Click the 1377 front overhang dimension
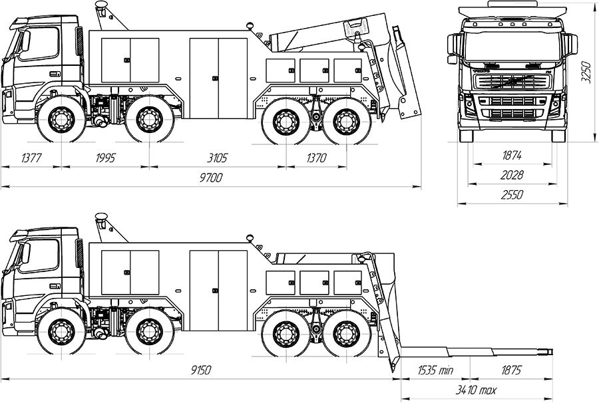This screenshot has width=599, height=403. (x=31, y=158)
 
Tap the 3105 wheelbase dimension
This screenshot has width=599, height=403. (x=218, y=158)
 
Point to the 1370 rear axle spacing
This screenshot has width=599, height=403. (x=317, y=158)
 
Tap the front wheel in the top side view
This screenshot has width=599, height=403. (x=61, y=120)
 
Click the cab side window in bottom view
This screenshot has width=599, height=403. (x=40, y=256)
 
